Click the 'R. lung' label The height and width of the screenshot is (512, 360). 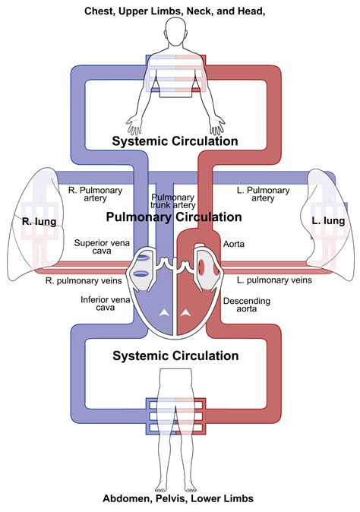click(39, 221)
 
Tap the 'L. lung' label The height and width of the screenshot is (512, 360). click(328, 221)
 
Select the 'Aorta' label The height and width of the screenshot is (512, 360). click(234, 244)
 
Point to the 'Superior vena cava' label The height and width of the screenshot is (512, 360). click(102, 247)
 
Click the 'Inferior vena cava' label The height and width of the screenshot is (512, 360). click(106, 303)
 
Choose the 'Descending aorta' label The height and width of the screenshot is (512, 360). click(247, 305)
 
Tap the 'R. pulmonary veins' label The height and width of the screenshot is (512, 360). click(84, 281)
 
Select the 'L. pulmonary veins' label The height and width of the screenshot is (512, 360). click(274, 280)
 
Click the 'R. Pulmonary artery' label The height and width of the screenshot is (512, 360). click(95, 194)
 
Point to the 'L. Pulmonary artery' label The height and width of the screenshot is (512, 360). click(263, 194)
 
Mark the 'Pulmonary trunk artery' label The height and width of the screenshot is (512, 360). click(172, 201)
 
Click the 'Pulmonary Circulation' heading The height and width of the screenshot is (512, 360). click(174, 217)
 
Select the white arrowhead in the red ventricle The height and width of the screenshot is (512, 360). click(186, 313)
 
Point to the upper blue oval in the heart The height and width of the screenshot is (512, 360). click(142, 258)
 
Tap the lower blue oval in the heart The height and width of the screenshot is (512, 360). click(142, 275)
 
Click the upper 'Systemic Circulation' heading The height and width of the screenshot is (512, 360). click(175, 141)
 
